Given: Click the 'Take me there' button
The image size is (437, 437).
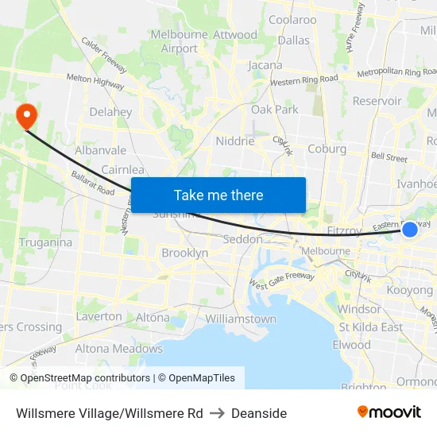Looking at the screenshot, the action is click(218, 195).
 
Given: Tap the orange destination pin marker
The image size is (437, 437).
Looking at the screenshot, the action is click(27, 116).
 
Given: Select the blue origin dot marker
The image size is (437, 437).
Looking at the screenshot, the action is click(410, 230).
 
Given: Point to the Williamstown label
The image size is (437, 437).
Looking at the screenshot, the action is click(241, 319).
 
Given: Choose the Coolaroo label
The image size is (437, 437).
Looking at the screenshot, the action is click(292, 20).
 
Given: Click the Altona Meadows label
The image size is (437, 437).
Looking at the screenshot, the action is click(118, 348).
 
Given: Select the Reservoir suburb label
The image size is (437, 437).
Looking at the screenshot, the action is click(377, 101).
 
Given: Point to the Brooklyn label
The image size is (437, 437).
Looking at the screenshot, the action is click(184, 253).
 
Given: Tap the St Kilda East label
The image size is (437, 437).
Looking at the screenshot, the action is click(370, 327).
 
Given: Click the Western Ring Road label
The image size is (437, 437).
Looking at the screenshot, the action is click(304, 80).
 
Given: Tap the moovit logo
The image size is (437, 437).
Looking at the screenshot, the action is click(389, 412).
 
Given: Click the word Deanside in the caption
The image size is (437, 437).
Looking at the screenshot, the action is click(259, 413).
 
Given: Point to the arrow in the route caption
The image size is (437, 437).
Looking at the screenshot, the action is click(217, 413).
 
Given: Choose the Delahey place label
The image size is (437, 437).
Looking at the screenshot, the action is click(110, 112).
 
